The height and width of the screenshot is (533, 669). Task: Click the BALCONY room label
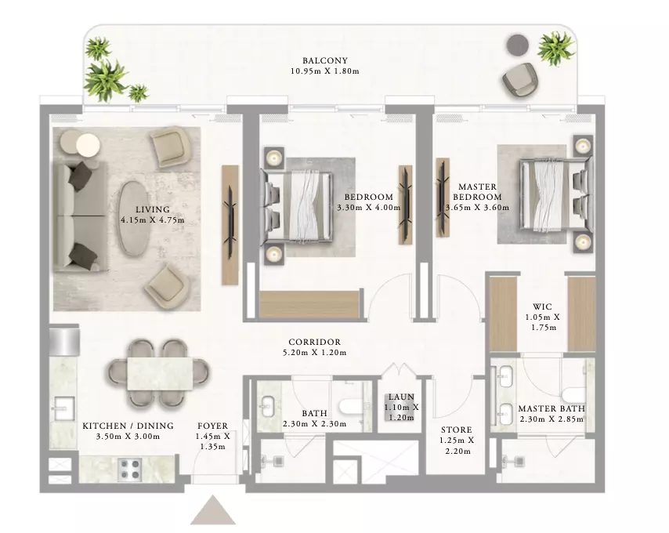(x=325, y=60)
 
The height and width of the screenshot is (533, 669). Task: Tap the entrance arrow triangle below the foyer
(x=213, y=510)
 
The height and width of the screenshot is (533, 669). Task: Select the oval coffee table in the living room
(x=132, y=218)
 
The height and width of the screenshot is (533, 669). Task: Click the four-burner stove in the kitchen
(x=130, y=468)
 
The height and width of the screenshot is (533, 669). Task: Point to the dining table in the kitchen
(x=160, y=373)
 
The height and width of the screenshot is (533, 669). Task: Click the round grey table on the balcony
(x=518, y=44)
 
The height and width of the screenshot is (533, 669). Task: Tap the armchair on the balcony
(x=519, y=82)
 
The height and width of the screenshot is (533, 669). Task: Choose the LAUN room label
(x=401, y=397)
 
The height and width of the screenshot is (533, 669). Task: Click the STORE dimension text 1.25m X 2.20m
(x=457, y=445)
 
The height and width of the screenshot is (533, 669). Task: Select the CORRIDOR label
(x=314, y=343)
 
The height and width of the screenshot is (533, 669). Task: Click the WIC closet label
(x=542, y=306)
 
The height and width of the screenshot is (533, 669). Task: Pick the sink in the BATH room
(x=267, y=407)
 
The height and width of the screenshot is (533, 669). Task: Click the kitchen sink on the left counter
(x=63, y=408)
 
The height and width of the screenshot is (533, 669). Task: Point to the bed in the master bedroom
(x=555, y=195)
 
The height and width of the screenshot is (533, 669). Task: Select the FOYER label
(x=212, y=426)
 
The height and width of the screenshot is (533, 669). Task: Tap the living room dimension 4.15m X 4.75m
(x=152, y=220)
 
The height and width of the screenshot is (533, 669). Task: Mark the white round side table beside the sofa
(x=88, y=145)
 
